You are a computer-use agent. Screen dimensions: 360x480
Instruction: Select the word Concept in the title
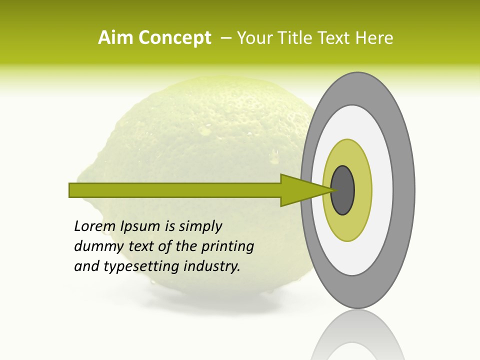(x=175, y=38)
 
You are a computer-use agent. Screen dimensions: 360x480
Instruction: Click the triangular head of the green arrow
(x=300, y=190)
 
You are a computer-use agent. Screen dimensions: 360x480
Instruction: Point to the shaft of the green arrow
(x=175, y=190)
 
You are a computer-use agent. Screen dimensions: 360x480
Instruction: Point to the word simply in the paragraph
(x=200, y=227)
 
